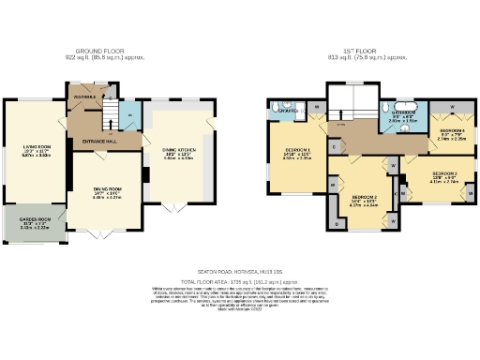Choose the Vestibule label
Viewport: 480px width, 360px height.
[x=85, y=95]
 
